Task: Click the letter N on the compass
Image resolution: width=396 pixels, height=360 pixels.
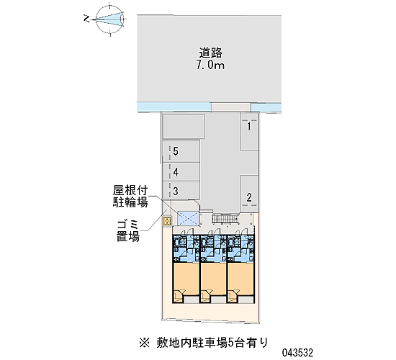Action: (86, 19)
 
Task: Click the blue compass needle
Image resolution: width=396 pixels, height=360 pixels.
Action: (109, 19)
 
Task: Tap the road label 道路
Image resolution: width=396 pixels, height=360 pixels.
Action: (211, 53)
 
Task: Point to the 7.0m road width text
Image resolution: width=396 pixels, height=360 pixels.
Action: (210, 66)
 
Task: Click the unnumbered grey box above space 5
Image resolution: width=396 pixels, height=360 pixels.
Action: (184, 126)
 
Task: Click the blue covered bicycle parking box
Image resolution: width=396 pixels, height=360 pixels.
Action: (188, 217)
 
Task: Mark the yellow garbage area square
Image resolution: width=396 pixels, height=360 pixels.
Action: (167, 221)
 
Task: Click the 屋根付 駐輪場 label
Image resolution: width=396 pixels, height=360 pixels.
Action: (130, 197)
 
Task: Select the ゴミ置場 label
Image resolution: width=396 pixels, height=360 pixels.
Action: (128, 231)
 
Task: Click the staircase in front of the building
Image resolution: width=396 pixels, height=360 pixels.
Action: (225, 219)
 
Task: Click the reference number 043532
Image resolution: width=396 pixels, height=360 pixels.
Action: (298, 353)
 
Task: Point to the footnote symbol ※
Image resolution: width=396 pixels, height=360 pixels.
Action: (145, 343)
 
